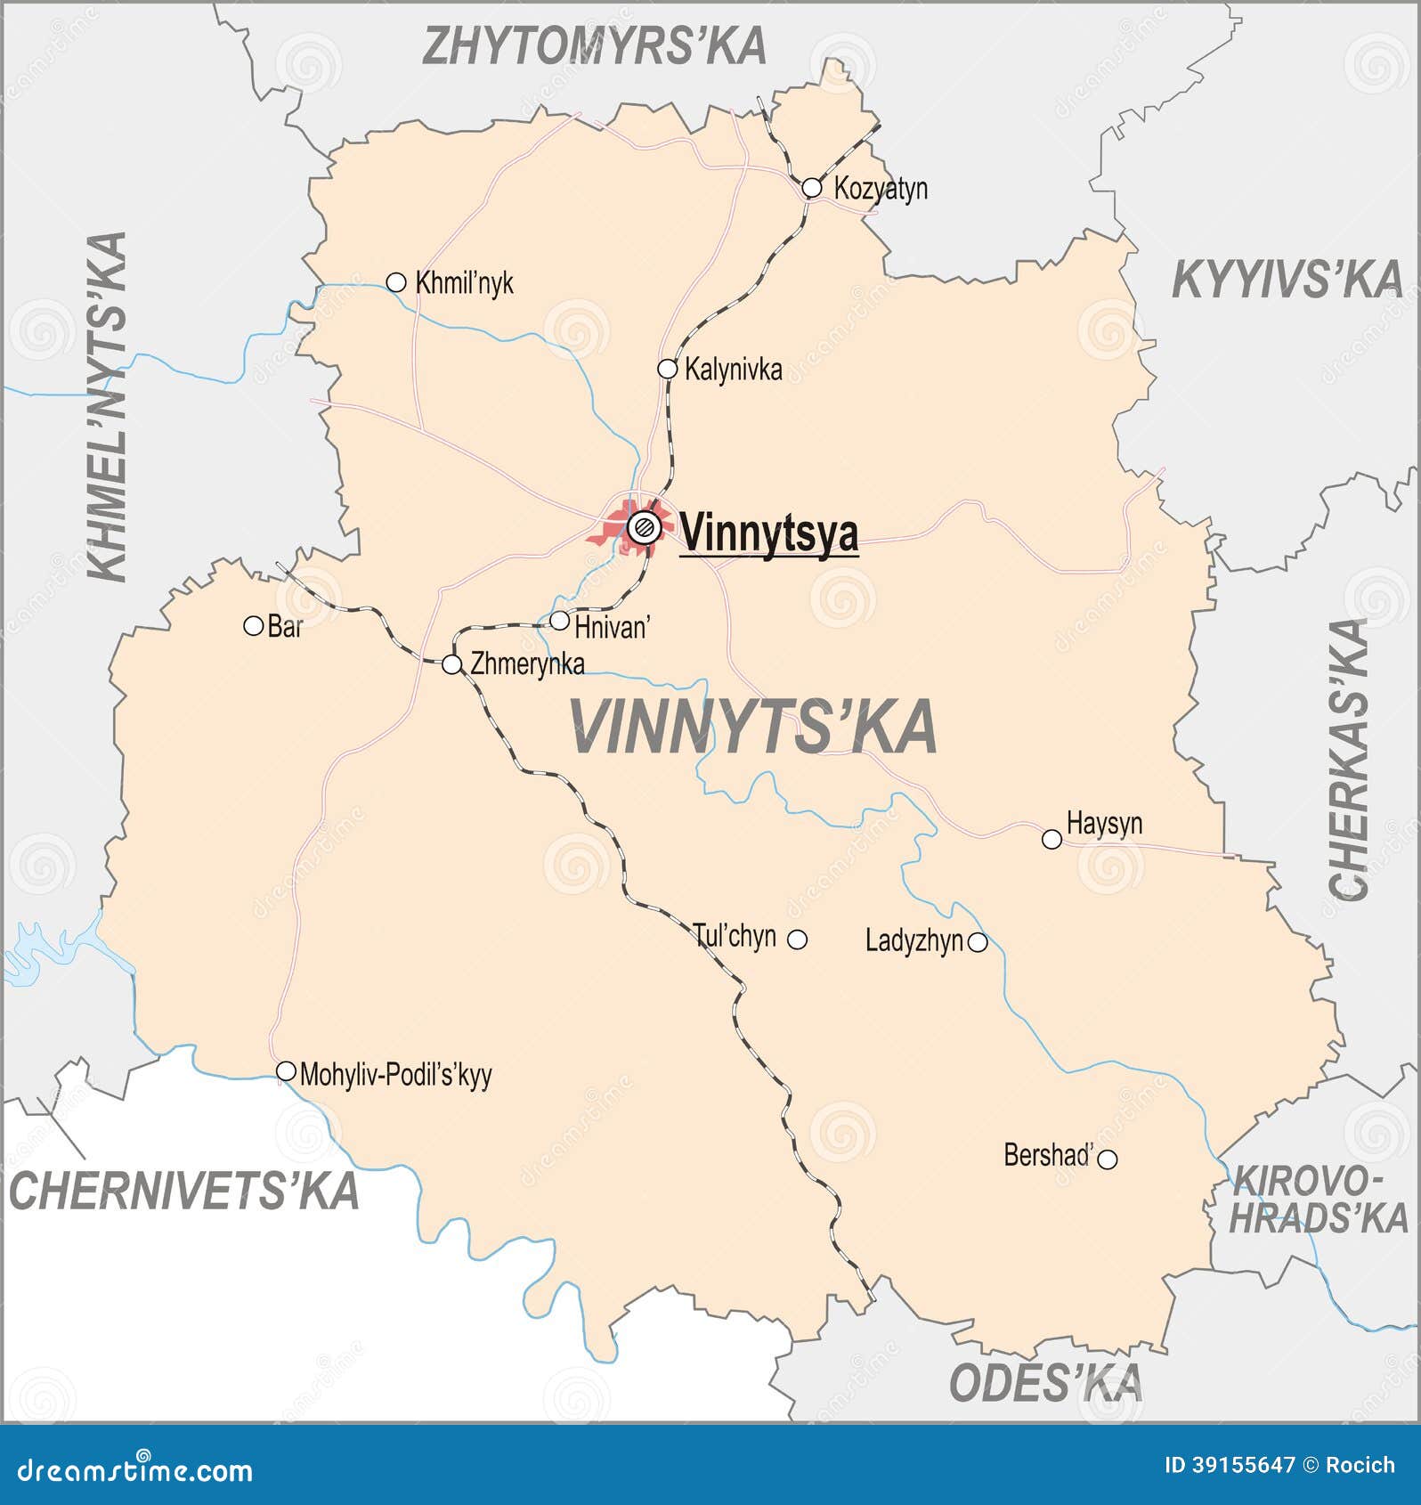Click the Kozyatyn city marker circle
tap(811, 188)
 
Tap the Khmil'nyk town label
tap(464, 283)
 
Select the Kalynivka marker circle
tap(667, 369)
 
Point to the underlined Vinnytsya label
tap(769, 533)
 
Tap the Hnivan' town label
tap(613, 627)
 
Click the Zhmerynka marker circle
tap(452, 664)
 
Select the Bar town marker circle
tap(253, 626)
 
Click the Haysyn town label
tap(1104, 823)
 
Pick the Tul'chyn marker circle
tap(798, 940)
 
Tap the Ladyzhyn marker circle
tap(978, 942)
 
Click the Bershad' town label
tap(1048, 1155)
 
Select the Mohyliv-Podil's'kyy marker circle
tap(286, 1071)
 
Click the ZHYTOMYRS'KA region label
tap(594, 46)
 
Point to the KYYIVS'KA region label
tap(1287, 280)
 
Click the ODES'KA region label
tap(1045, 1382)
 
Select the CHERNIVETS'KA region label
tap(183, 1191)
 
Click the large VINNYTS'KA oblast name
tap(753, 727)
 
